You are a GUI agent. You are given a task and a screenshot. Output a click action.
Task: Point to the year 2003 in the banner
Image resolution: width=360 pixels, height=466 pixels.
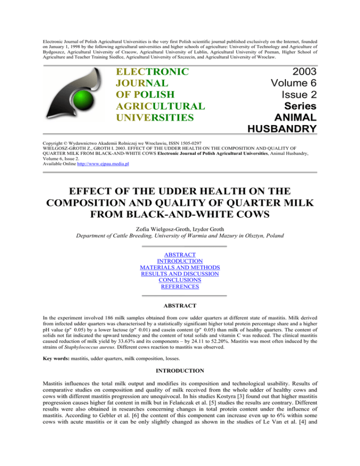point(300,73)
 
